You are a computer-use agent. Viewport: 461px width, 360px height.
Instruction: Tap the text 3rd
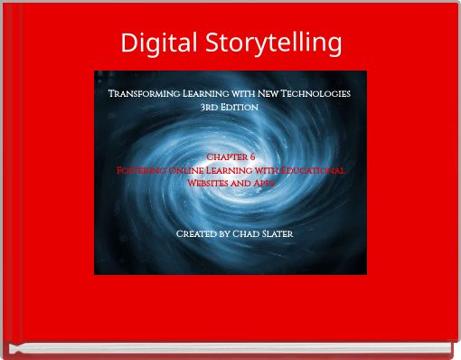(211, 107)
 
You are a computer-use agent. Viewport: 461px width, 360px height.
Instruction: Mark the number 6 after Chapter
(252, 157)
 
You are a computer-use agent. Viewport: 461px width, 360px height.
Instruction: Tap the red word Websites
(208, 183)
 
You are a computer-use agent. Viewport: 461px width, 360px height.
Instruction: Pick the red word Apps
(263, 183)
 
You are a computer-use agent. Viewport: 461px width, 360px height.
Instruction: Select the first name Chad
(244, 233)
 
